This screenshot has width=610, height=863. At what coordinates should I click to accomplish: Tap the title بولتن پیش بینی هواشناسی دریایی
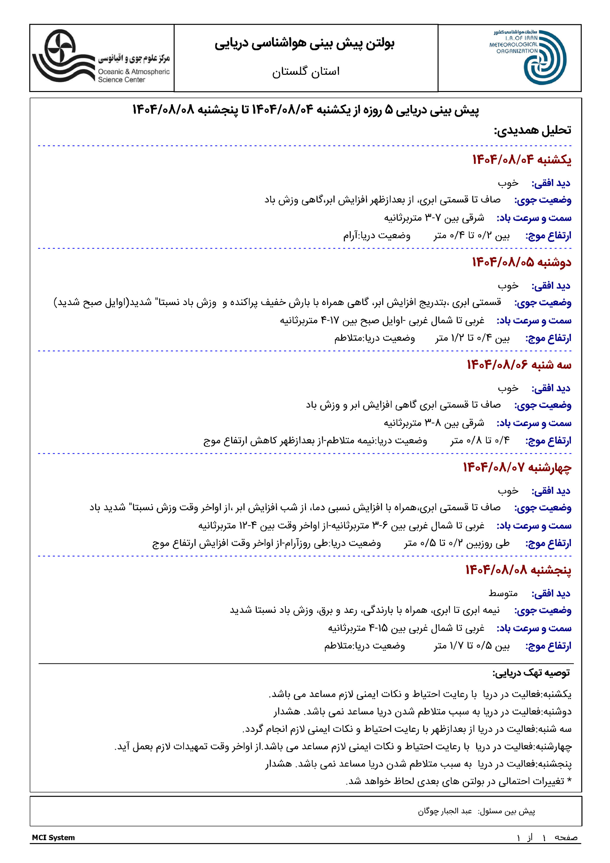[304, 43]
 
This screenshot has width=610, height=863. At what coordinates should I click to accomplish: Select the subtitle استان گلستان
[306, 71]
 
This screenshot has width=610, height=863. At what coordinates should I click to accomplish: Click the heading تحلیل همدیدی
[532, 130]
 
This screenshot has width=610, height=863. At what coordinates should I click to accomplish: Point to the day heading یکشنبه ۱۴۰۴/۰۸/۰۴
[522, 160]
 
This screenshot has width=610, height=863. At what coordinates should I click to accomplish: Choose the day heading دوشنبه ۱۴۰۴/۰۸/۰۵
[522, 262]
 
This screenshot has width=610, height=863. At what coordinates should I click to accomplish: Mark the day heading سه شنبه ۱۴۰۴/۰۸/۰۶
[519, 365]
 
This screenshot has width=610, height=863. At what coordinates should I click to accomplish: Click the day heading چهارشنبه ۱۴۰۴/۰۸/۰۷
[517, 467]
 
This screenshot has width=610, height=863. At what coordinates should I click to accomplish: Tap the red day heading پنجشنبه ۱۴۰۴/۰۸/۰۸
[518, 570]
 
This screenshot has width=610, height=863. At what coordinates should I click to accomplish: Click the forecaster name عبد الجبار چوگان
[445, 811]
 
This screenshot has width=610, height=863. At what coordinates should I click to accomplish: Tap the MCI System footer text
[53, 837]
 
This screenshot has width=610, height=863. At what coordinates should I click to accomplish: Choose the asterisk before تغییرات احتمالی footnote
[569, 781]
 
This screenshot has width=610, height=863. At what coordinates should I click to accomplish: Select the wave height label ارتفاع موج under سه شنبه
[548, 441]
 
